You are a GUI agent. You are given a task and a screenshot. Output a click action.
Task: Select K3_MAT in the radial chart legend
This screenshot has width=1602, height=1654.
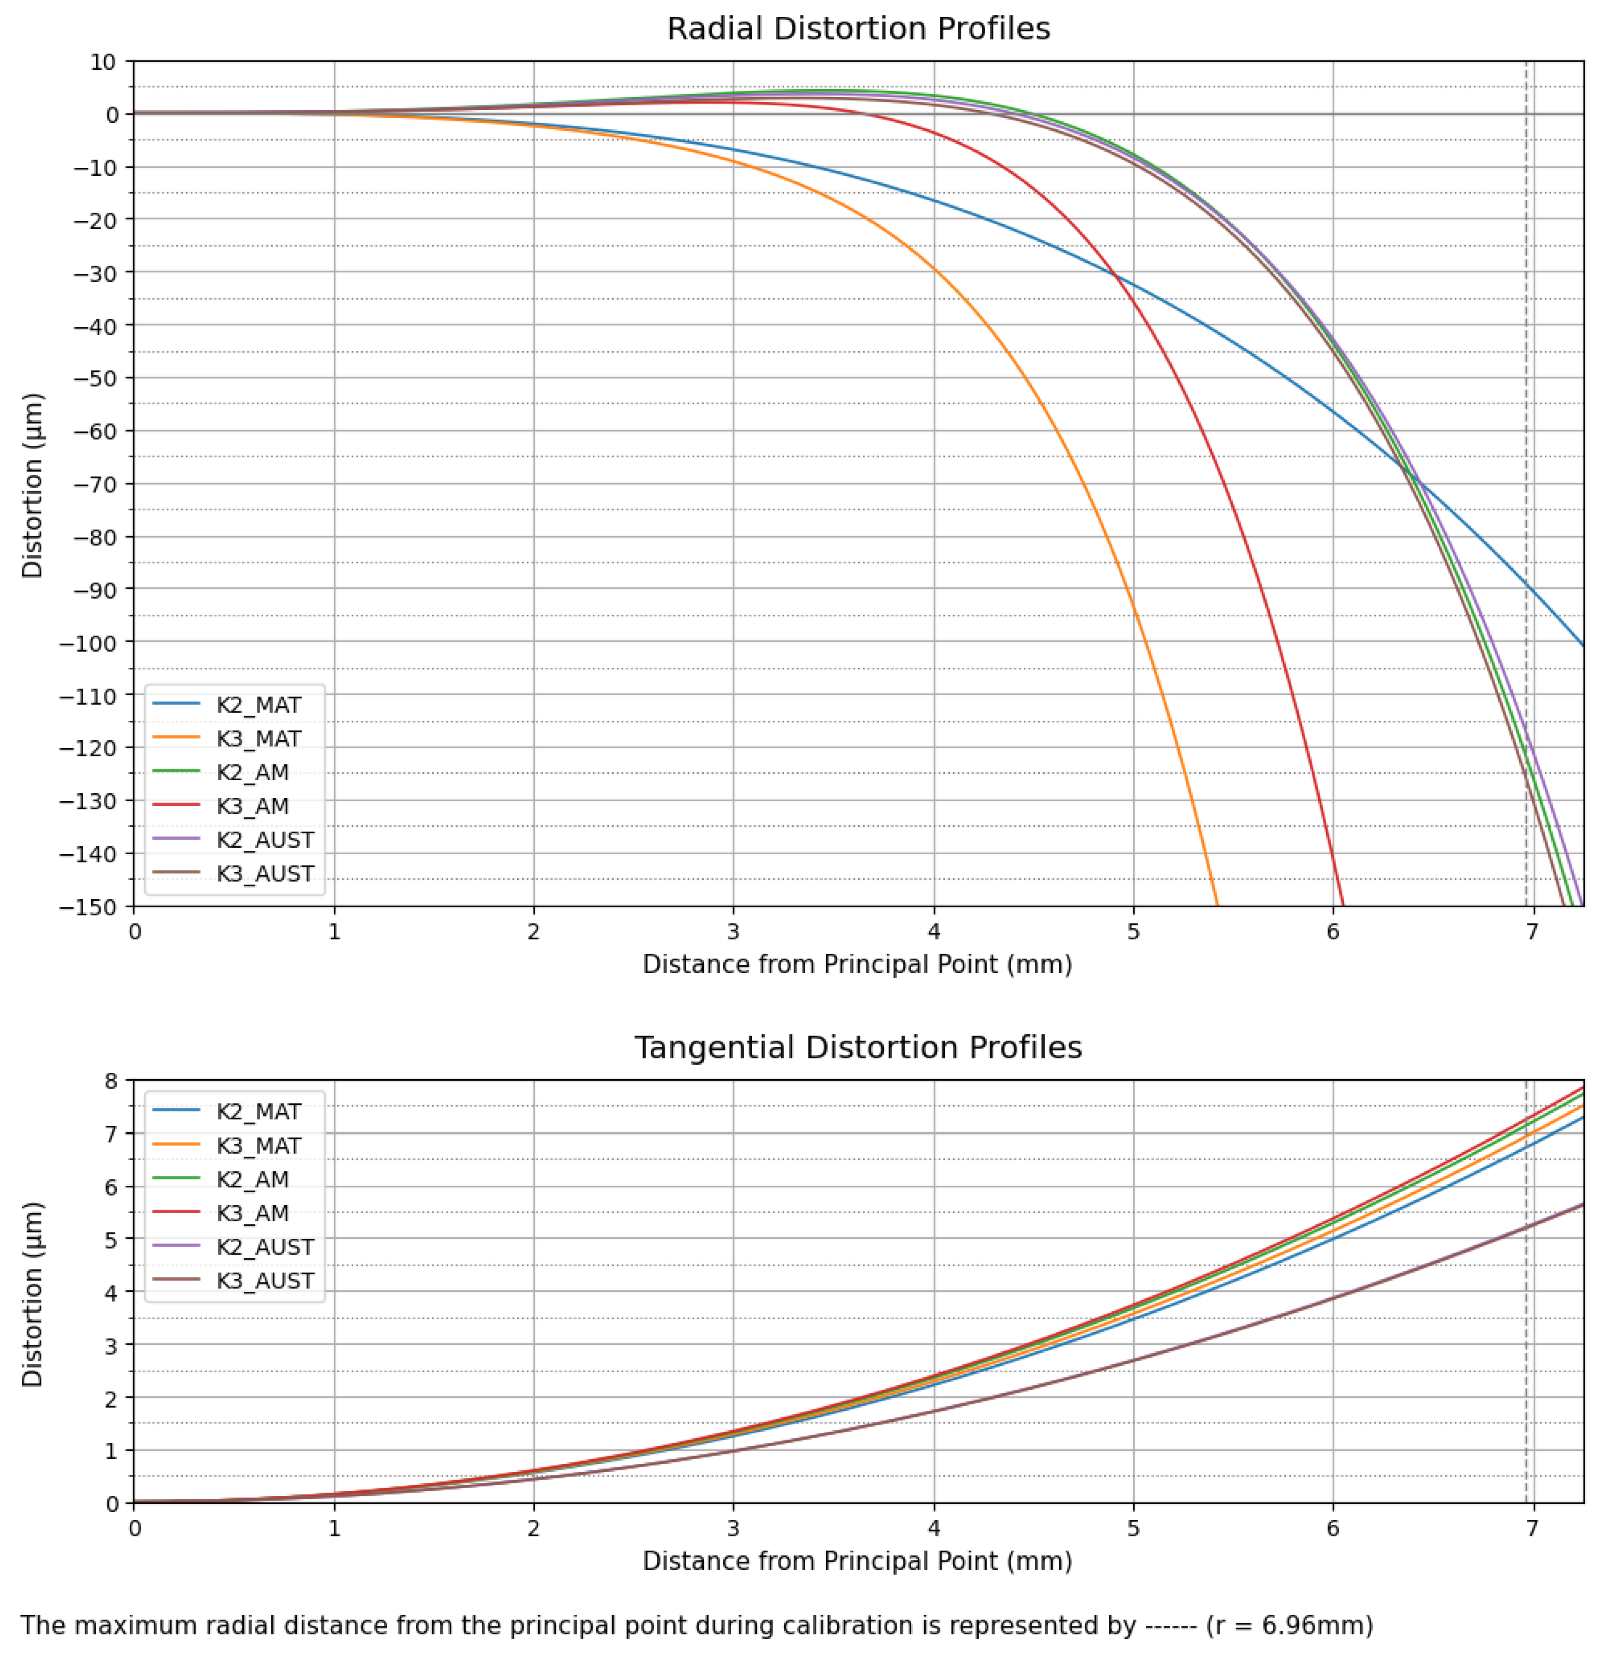[258, 738]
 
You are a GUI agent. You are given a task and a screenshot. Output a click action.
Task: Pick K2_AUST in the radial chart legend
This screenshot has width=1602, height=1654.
[265, 840]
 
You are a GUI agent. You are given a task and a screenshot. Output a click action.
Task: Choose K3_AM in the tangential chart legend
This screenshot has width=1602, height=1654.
[253, 1213]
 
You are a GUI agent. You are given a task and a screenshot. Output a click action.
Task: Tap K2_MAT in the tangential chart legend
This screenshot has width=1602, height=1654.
[258, 1111]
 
